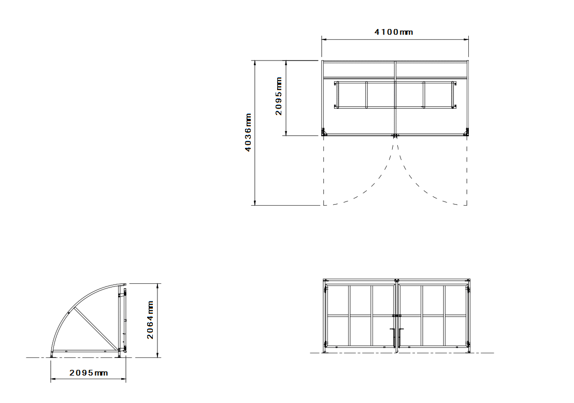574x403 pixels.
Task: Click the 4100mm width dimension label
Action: tap(394, 32)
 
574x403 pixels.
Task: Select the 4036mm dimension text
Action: tap(249, 132)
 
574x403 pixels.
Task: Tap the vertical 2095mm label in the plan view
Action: tap(279, 96)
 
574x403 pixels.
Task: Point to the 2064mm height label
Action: tap(150, 320)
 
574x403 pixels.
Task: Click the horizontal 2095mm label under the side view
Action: tap(89, 373)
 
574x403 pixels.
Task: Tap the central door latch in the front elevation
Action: tap(396, 315)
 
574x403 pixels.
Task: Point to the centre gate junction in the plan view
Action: tap(395, 136)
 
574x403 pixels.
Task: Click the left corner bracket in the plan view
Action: tap(324, 132)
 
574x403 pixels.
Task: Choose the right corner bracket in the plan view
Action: tap(466, 132)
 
